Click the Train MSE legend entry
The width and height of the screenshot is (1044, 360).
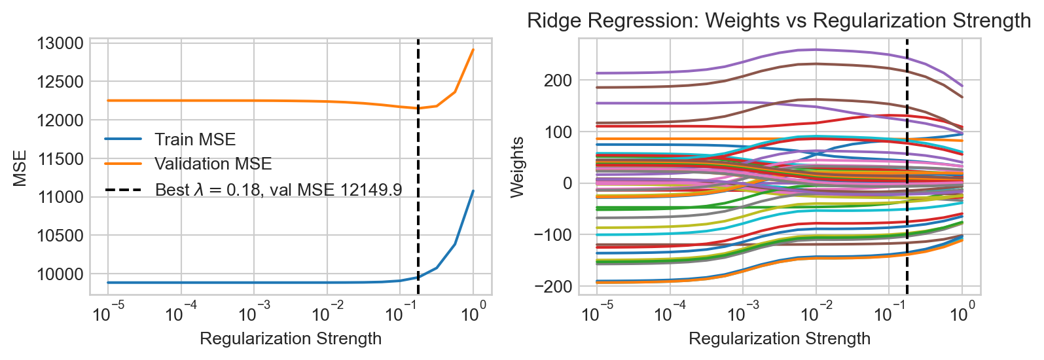[x=195, y=139]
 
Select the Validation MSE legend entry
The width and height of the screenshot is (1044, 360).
[x=213, y=164]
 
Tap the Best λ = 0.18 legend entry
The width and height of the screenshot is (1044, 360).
[x=278, y=190]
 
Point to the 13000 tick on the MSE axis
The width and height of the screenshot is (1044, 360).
[x=60, y=44]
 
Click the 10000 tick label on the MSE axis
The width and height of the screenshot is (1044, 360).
[x=60, y=274]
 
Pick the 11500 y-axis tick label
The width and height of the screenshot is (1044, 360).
[x=60, y=159]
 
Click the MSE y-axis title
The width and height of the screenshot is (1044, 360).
[x=20, y=168]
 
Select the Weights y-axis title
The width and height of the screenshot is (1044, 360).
[x=517, y=167]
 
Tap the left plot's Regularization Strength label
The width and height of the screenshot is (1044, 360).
[x=291, y=338]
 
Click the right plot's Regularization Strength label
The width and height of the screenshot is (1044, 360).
[x=780, y=338]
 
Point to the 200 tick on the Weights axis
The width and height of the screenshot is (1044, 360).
[x=558, y=81]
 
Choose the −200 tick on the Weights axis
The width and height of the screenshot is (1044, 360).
[x=552, y=286]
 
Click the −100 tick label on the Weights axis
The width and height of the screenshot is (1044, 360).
[x=552, y=235]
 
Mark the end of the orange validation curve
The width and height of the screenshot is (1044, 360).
[x=473, y=49]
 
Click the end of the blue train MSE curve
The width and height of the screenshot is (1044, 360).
[x=473, y=190]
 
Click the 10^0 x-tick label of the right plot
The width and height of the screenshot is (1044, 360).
[x=962, y=314]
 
